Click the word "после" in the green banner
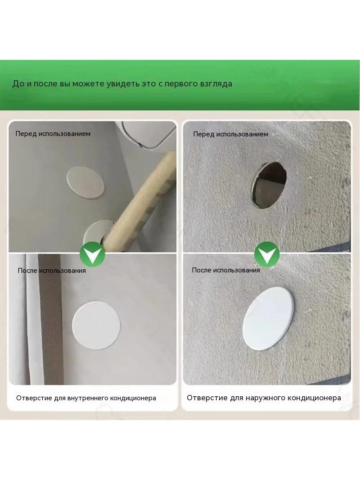[45, 84]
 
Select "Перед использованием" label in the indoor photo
[53, 134]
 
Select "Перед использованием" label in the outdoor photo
[230, 134]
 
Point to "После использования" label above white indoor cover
[52, 271]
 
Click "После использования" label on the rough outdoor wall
[226, 270]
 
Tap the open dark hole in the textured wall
[269, 185]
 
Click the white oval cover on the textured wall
[268, 318]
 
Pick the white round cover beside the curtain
[96, 326]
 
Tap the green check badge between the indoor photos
[92, 254]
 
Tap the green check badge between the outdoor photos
[267, 254]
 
